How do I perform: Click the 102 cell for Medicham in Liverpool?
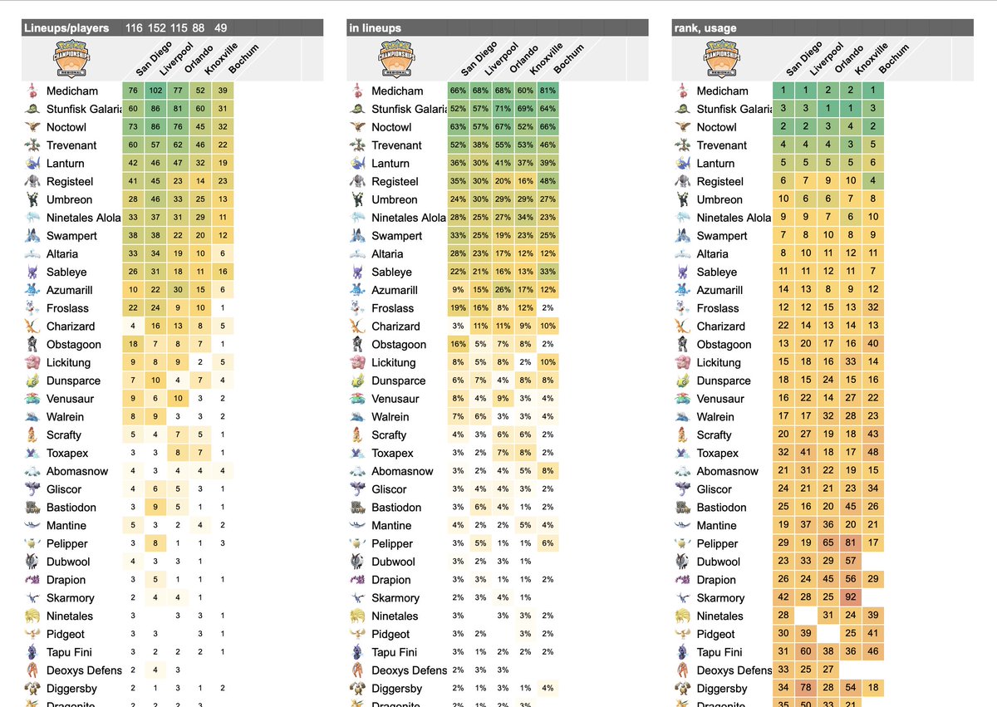(155, 91)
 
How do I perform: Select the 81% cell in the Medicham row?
(547, 91)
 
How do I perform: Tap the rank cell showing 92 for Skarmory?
(849, 598)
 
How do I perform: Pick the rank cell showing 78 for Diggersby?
(804, 689)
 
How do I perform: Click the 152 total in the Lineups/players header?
(155, 28)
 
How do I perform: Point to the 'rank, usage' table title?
(705, 28)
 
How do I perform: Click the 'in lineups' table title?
(375, 28)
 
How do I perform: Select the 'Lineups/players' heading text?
(66, 28)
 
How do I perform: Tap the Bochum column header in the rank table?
(894, 60)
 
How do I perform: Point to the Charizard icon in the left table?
(31, 326)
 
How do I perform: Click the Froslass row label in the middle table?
(393, 308)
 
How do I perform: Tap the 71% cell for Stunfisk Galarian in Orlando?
(502, 109)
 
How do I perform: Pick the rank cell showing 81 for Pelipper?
(849, 543)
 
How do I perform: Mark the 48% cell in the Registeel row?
(547, 181)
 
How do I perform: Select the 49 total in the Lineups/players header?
(220, 28)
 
